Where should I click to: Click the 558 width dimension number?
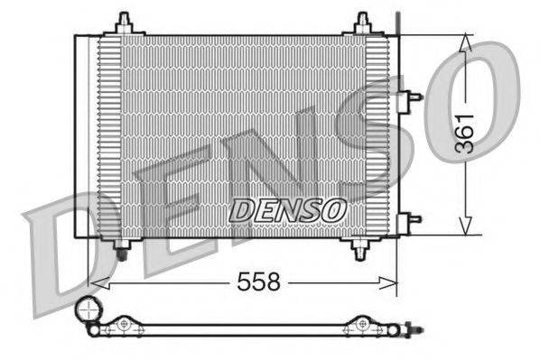point(257,282)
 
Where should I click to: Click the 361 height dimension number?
point(464,135)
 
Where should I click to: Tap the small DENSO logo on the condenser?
point(288,210)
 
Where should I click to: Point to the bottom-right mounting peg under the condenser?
point(360,245)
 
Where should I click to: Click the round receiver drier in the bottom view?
point(88,310)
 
